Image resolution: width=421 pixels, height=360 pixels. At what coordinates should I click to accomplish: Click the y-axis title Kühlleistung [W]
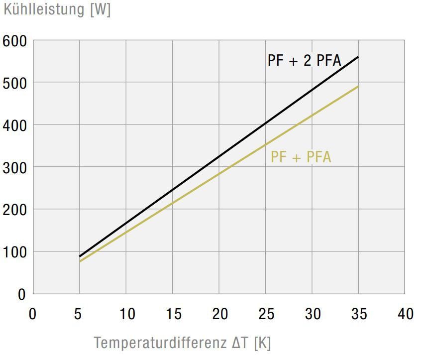click(57, 9)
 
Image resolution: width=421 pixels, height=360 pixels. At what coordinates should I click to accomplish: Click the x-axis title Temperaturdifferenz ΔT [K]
click(182, 343)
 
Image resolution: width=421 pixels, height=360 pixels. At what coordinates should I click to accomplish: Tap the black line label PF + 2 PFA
click(304, 61)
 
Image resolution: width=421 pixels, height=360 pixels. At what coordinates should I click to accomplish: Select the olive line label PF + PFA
click(301, 157)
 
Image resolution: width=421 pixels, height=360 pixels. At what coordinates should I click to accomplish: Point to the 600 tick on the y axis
click(14, 41)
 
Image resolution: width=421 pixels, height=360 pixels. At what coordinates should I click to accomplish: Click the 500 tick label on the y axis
click(14, 83)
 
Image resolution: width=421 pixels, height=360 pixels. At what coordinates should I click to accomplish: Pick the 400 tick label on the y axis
click(14, 125)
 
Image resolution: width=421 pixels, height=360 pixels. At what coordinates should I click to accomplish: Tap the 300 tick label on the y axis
click(14, 167)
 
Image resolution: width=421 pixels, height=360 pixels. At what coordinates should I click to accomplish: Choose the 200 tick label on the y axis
click(14, 210)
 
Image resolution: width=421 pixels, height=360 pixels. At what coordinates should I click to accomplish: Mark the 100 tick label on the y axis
click(14, 252)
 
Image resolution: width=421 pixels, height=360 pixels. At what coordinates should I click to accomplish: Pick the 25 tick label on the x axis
click(267, 314)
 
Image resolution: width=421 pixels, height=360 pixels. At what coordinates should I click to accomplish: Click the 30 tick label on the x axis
click(313, 314)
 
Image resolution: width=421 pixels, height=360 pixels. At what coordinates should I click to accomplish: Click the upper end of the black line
click(358, 57)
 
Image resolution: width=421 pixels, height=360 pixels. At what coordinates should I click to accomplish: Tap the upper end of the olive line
click(358, 87)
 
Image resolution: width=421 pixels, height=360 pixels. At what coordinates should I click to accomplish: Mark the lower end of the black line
click(80, 256)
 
